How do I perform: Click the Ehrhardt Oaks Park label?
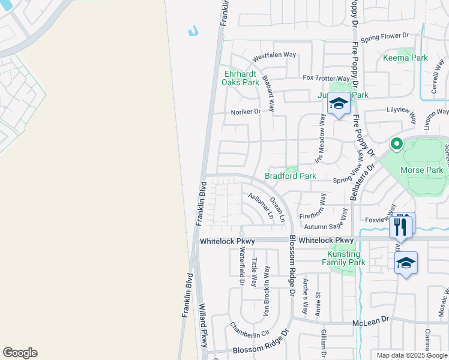[x=241, y=78]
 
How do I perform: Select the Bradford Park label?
[x=291, y=176]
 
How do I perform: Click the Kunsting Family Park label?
[x=343, y=258]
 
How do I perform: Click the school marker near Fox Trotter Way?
[x=339, y=104]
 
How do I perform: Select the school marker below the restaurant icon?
[x=406, y=263]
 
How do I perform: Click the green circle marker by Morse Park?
[x=396, y=144]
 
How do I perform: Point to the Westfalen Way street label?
[x=274, y=55]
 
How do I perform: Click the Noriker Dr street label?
[x=246, y=112]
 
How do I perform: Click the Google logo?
[x=20, y=353]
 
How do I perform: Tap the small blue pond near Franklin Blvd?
[x=193, y=31]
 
